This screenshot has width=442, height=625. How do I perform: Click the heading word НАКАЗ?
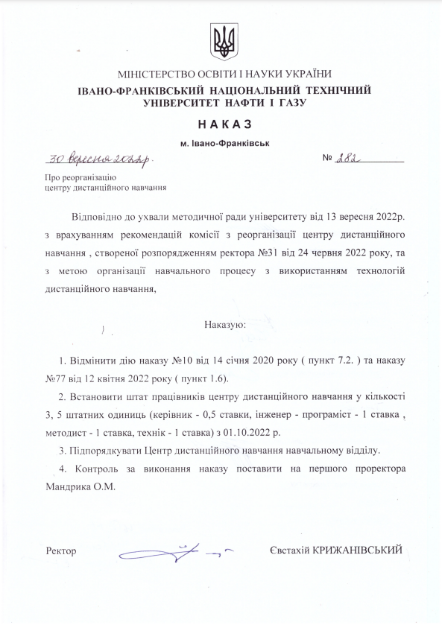click(221, 124)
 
